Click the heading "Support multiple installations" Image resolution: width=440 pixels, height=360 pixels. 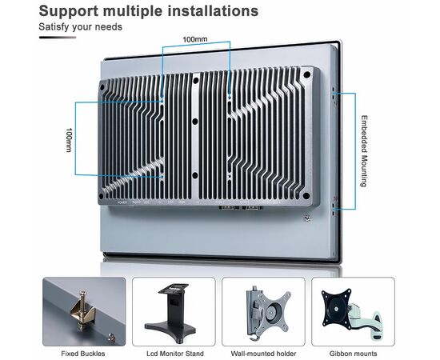coord(149,11)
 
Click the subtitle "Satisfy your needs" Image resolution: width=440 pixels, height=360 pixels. coord(81,27)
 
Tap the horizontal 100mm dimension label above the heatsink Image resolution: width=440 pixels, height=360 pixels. coord(195,39)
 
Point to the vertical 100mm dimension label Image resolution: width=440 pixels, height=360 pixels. coord(69,140)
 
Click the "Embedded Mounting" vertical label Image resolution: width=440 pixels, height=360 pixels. coord(364,151)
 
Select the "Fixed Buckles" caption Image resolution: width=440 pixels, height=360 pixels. coord(83,354)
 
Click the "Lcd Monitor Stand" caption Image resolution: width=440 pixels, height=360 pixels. coord(175,354)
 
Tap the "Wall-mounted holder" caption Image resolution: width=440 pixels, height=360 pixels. coord(263,354)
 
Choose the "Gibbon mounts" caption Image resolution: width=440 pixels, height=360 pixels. coord(353,354)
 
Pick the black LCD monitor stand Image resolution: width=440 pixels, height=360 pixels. coord(171,313)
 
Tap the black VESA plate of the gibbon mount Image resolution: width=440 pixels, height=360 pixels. coord(337,309)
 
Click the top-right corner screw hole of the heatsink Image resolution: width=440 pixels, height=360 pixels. coord(307,75)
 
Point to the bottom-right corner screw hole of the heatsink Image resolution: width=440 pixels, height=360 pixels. coord(306,195)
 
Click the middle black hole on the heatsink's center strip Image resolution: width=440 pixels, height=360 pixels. coord(195,122)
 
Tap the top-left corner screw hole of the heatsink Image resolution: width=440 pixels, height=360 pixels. coord(102,87)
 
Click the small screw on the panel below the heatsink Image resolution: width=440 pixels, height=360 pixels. coord(308,218)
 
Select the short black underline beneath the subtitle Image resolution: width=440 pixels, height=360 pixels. coord(58,38)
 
